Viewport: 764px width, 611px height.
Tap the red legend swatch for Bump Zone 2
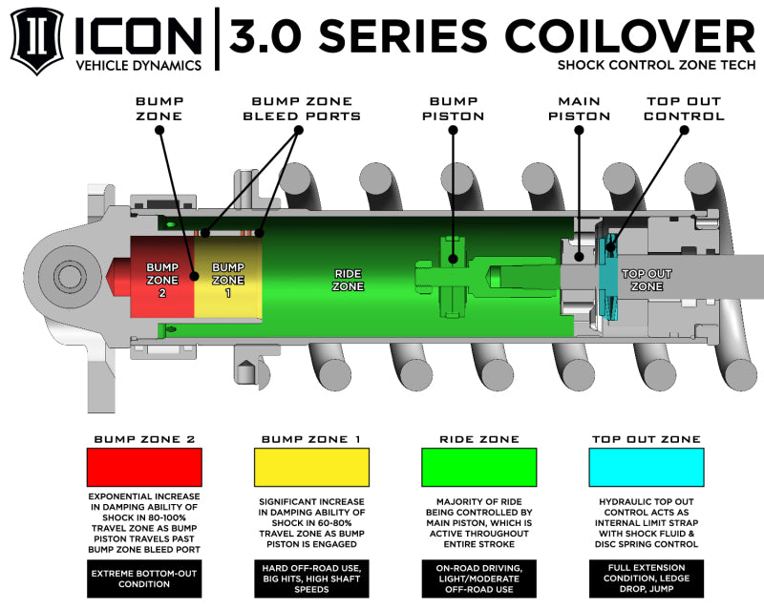click(x=144, y=468)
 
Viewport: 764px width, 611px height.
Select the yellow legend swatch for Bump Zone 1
click(x=311, y=468)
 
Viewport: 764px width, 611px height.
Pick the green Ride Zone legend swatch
click(x=478, y=468)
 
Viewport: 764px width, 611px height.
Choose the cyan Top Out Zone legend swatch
click(x=647, y=468)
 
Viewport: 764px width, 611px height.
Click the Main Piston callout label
click(x=580, y=108)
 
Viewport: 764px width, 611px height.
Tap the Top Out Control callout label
click(x=684, y=108)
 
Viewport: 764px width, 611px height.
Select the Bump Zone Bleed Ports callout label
click(x=306, y=108)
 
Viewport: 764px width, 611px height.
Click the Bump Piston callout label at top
click(x=452, y=108)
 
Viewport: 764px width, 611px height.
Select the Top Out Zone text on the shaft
click(x=647, y=279)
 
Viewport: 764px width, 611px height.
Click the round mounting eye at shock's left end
click(x=69, y=277)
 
